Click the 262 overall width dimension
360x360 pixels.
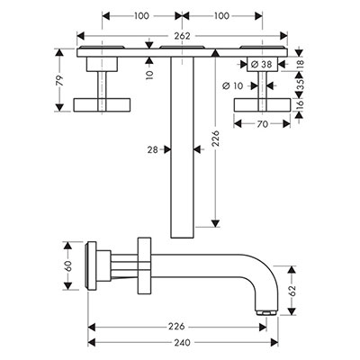(x=183, y=36)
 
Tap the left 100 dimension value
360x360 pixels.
(x=141, y=15)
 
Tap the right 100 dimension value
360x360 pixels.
(x=221, y=15)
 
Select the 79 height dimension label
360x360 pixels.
(x=60, y=80)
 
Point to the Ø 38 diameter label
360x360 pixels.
(x=261, y=64)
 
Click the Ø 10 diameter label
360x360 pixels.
(x=233, y=86)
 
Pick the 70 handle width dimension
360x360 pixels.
(x=262, y=123)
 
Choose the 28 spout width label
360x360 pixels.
(x=153, y=149)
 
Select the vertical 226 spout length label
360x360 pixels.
(x=216, y=138)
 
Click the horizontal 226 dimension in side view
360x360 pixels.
(x=176, y=327)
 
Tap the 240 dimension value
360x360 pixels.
(x=182, y=342)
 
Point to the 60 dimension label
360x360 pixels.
(x=68, y=266)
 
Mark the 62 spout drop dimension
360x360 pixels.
(x=292, y=291)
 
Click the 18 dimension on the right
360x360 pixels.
(x=301, y=64)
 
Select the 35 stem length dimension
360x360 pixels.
(x=301, y=84)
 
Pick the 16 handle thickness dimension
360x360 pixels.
(x=301, y=104)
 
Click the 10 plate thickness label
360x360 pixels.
(x=150, y=73)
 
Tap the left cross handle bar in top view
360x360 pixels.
(x=102, y=105)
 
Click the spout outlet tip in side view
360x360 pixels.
(x=266, y=313)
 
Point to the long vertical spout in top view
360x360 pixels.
(x=182, y=148)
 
